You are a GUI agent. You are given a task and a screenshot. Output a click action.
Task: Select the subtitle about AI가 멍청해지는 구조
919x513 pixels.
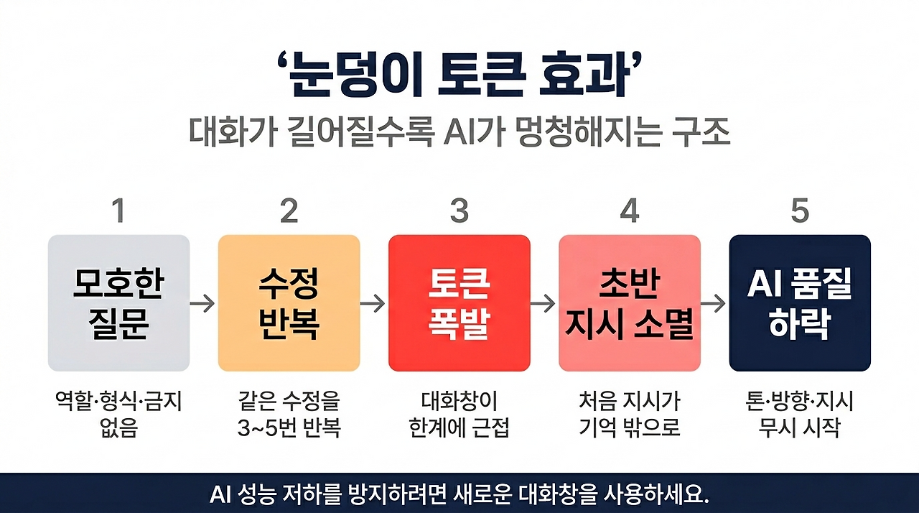click(459, 134)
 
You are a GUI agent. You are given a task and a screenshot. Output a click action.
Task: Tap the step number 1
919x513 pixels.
click(118, 211)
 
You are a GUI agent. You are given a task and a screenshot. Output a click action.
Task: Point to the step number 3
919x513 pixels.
click(459, 211)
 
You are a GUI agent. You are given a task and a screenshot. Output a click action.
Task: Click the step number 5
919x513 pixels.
click(799, 211)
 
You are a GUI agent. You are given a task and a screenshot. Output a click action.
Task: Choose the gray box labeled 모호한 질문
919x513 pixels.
click(118, 303)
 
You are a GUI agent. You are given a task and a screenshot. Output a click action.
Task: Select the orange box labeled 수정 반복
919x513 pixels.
click(289, 303)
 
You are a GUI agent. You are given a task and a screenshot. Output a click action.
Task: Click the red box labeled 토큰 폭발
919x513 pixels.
click(459, 303)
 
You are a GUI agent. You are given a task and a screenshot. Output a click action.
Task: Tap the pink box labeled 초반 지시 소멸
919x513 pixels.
click(629, 303)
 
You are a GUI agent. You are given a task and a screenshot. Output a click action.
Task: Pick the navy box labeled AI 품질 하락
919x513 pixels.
click(799, 303)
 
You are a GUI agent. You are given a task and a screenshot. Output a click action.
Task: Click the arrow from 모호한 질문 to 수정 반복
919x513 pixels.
click(203, 304)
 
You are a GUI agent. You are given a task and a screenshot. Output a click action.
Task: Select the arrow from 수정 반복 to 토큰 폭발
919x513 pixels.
click(373, 304)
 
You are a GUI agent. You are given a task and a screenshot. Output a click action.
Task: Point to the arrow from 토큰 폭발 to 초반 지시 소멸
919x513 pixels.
click(544, 304)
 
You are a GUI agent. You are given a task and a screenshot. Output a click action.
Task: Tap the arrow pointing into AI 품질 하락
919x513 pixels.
click(714, 304)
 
